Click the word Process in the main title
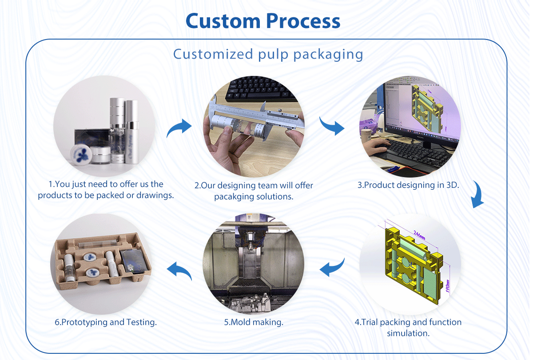(303, 21)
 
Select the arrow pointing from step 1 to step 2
(179, 128)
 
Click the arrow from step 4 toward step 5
(332, 267)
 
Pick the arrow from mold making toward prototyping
(179, 271)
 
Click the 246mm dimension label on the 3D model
(420, 235)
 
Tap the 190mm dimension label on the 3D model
(448, 286)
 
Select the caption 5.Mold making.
(254, 322)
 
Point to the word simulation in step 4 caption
(408, 333)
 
